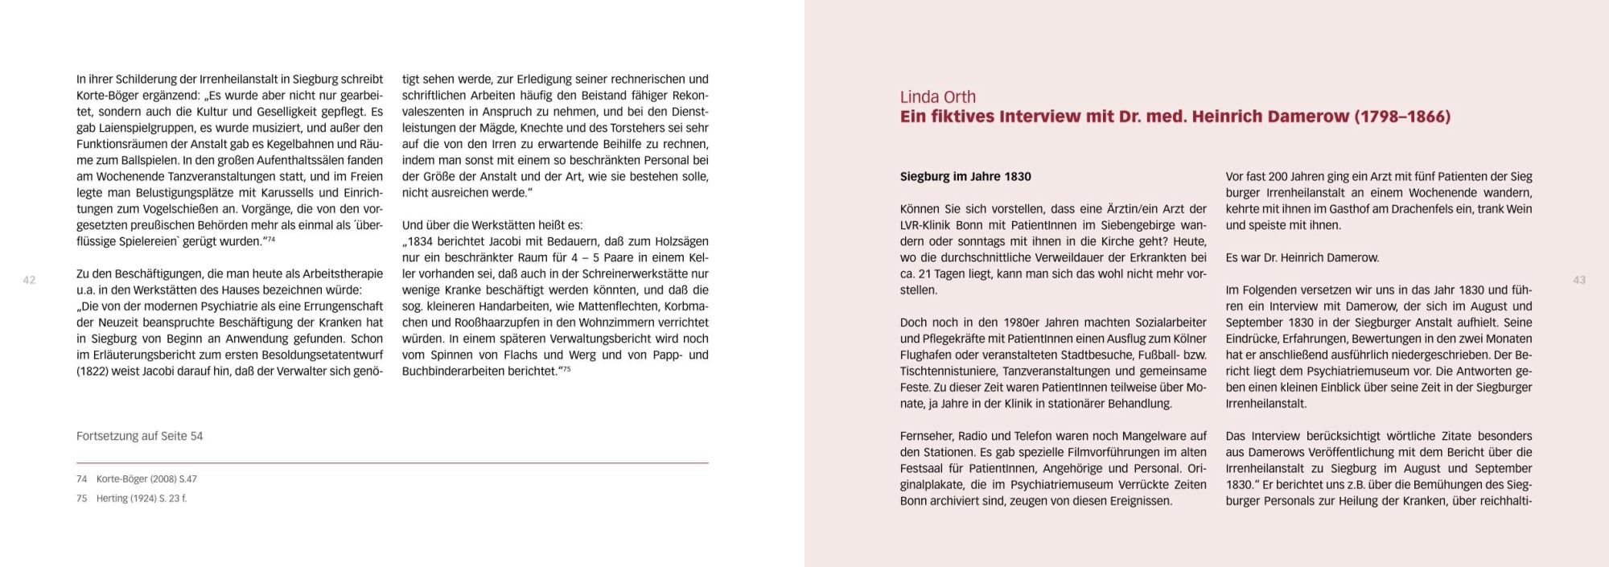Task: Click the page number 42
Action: (29, 280)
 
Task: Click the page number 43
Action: (1579, 280)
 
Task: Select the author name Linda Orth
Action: (937, 97)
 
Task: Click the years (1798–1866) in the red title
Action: (1402, 117)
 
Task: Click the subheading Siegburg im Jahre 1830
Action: (965, 177)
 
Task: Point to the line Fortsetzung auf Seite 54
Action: (139, 436)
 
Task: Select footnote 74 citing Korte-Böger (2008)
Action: (137, 479)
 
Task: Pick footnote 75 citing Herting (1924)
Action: (132, 499)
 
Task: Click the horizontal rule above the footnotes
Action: (393, 463)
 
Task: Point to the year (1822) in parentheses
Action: (94, 372)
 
